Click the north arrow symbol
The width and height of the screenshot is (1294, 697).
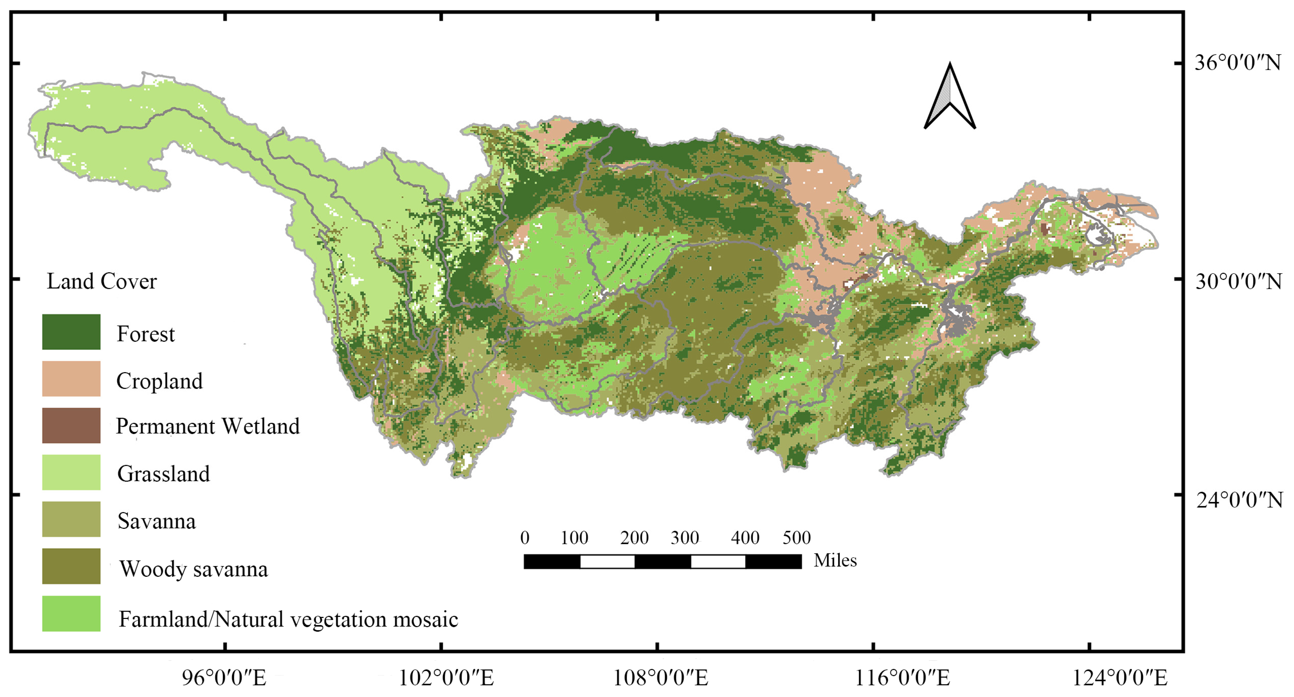949,98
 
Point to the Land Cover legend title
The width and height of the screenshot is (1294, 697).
101,281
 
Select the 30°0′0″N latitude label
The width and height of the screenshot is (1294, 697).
1238,282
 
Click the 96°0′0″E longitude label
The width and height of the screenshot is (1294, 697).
224,678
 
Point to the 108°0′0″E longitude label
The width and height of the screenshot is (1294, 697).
661,678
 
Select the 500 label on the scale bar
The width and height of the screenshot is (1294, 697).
796,538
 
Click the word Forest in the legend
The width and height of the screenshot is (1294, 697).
146,334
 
